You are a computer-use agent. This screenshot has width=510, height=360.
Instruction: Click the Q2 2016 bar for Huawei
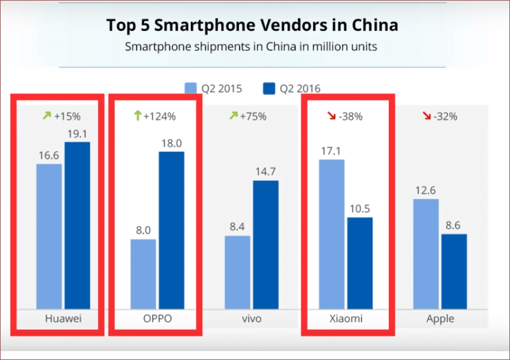[77, 225]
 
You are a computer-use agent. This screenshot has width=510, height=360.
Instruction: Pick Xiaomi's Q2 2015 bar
[331, 233]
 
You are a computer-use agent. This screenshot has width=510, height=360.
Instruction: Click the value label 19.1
[77, 133]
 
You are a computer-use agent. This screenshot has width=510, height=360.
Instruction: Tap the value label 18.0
[171, 142]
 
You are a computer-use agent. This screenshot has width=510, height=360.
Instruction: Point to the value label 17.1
[331, 150]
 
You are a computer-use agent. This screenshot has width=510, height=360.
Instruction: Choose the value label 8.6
[453, 225]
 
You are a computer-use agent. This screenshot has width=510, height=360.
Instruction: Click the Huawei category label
[63, 319]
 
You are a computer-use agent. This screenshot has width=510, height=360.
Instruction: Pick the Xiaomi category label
[345, 319]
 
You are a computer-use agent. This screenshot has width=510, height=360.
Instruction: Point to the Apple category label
[440, 319]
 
